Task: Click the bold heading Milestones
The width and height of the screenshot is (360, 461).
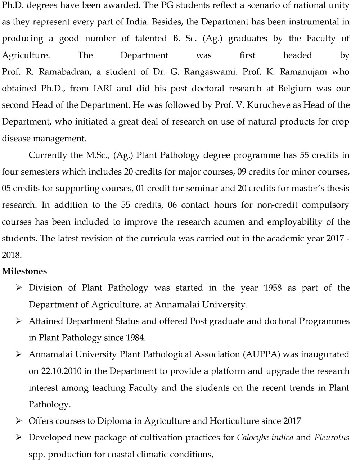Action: [x=24, y=271]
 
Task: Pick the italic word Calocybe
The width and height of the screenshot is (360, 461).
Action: [x=254, y=438]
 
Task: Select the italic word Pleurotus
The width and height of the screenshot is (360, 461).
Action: [x=332, y=438]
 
